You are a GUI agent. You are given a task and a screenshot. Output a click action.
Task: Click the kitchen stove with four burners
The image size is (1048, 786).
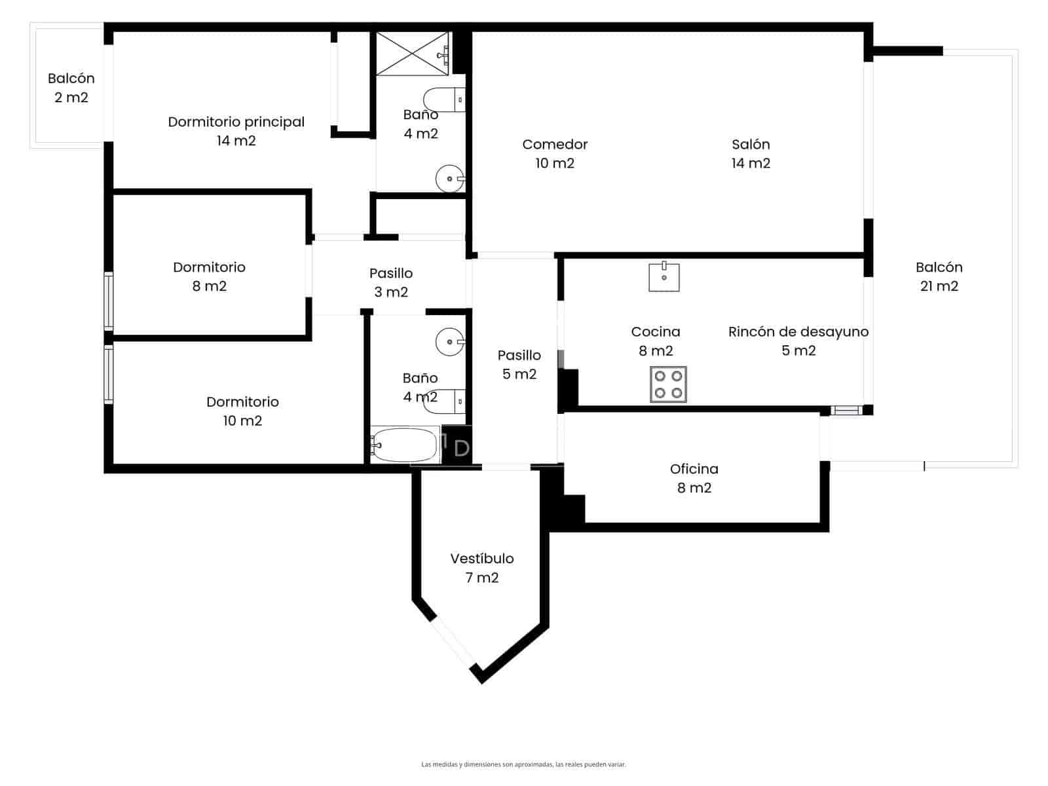coord(668,384)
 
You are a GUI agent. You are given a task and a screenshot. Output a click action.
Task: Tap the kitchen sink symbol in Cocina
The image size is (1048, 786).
coord(664,277)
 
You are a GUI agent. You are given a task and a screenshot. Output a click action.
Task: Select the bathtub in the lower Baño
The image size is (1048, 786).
coord(405,445)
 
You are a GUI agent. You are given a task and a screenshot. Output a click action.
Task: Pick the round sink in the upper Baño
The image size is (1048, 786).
coord(449,178)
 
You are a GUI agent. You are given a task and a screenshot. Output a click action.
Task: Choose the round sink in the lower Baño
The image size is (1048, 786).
coord(449,341)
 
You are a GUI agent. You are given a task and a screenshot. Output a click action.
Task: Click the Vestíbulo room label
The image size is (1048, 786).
coord(482,568)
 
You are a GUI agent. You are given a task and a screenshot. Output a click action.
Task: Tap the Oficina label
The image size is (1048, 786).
coord(694,478)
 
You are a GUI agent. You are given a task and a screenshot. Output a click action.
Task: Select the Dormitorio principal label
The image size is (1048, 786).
coord(236,131)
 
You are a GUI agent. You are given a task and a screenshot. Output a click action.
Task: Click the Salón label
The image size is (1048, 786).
coord(751,153)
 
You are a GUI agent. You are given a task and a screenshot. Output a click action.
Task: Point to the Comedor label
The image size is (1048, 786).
coord(555,153)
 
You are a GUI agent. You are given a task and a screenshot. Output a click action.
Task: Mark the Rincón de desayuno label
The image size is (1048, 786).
coord(798,341)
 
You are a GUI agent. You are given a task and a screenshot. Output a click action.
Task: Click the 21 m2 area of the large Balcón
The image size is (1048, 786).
coord(939,286)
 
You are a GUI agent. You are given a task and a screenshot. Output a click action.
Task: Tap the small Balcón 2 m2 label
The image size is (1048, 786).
coord(71,88)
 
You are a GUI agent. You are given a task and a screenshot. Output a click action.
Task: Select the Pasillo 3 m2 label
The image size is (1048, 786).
coord(391,282)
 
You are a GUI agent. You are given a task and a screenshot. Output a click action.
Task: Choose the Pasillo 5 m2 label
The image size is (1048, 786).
coord(519,364)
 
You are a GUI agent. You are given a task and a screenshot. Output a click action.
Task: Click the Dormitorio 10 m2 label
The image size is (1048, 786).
coord(242,411)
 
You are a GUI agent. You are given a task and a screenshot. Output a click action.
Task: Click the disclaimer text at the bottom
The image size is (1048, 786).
coord(523,764)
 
